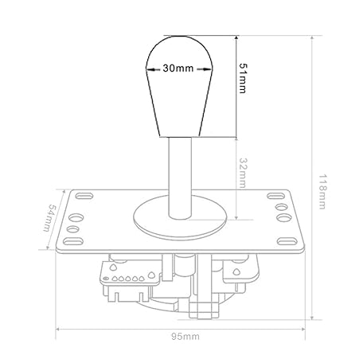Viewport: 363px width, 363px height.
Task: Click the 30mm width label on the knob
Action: pyautogui.click(x=178, y=68)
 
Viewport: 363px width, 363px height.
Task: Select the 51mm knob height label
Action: pyautogui.click(x=242, y=78)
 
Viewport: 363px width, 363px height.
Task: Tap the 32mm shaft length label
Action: pyautogui.click(x=242, y=173)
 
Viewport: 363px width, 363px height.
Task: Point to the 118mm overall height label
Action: pyautogui.click(x=322, y=192)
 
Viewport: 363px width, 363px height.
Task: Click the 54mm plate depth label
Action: pyautogui.click(x=49, y=217)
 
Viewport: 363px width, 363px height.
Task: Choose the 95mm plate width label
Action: pyautogui.click(x=185, y=337)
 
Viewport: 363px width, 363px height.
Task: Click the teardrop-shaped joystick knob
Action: pyautogui.click(x=179, y=87)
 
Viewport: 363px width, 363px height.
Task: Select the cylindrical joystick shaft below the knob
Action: pyautogui.click(x=180, y=178)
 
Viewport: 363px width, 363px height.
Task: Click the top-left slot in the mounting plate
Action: pyautogui.click(x=84, y=196)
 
